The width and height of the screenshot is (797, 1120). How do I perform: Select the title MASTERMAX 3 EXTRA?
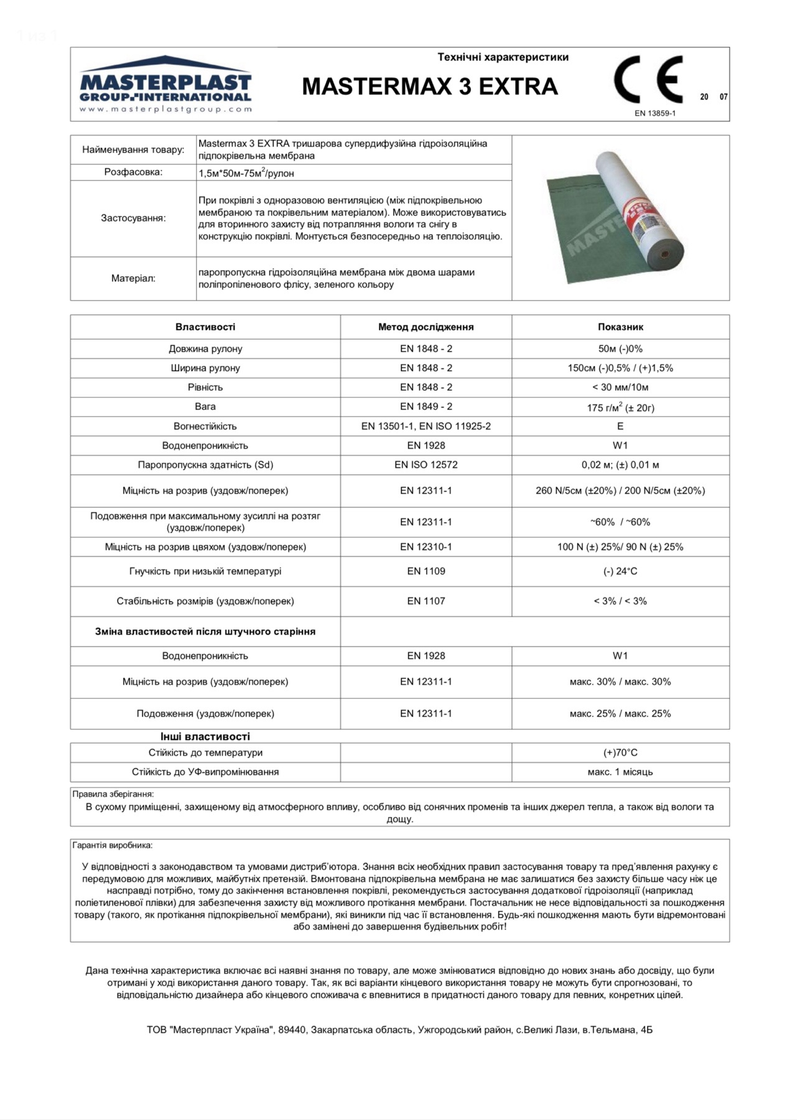tap(430, 86)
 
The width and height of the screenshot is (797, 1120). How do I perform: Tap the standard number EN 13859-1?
tap(655, 113)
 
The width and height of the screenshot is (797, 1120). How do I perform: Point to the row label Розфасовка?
tap(133, 172)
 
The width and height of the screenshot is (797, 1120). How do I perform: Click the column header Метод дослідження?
tap(426, 327)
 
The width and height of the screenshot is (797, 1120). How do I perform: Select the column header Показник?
tap(620, 327)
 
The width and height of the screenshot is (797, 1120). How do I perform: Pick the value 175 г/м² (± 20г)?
tap(620, 408)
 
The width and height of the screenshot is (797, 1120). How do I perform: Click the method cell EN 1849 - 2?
tap(426, 406)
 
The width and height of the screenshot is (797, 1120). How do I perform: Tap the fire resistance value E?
tap(620, 426)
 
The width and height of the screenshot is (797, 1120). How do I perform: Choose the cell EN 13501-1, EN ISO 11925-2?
tap(426, 426)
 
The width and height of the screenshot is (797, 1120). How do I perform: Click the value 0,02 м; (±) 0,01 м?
tap(620, 465)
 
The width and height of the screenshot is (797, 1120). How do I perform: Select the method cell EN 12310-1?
tap(426, 547)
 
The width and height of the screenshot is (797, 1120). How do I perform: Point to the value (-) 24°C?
tap(620, 571)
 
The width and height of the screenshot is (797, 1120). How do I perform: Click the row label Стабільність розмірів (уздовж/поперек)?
tap(205, 601)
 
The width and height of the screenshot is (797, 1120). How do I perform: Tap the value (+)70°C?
tap(620, 753)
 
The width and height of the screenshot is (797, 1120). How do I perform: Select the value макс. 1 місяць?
tap(620, 772)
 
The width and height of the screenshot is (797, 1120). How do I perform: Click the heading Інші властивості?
tap(205, 736)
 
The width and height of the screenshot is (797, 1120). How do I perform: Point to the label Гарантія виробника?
tap(113, 846)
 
